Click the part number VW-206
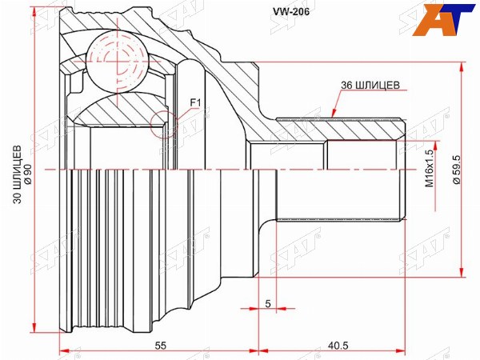pos(291,12)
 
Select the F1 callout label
pos(195,103)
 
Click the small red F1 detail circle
pos(164,124)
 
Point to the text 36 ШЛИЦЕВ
pos(370,85)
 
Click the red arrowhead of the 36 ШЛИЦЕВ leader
pos(334,114)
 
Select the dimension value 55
pos(160,346)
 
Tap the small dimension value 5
pos(268,304)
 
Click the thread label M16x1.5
pos(430,168)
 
